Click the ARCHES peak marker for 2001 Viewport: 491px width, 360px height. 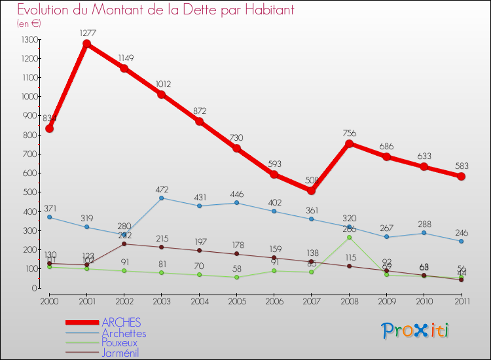(x=86, y=44)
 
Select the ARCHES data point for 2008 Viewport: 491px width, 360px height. (x=349, y=143)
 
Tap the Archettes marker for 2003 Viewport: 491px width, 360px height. (x=162, y=198)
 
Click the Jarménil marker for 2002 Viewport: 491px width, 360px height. (x=124, y=243)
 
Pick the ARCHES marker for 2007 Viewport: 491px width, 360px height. (x=312, y=190)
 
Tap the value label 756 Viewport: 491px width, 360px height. (x=349, y=134)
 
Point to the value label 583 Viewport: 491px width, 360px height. (x=461, y=166)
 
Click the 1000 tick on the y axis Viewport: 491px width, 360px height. (x=29, y=97)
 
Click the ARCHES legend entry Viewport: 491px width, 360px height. (x=121, y=323)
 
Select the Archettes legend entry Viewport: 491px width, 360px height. (x=124, y=333)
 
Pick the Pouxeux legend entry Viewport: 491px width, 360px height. (x=120, y=343)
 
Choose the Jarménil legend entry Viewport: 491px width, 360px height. (x=120, y=353)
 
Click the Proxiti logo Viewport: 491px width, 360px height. (x=416, y=331)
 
